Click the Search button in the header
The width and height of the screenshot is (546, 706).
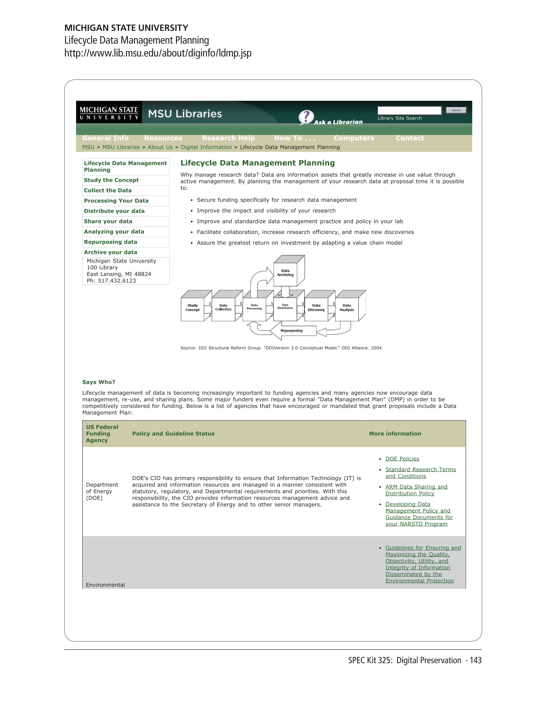(x=456, y=110)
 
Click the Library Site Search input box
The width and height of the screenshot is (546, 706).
(x=409, y=111)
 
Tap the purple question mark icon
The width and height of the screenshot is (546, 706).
(x=306, y=117)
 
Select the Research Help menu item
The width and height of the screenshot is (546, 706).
(x=228, y=138)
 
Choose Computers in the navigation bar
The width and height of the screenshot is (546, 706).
(x=354, y=138)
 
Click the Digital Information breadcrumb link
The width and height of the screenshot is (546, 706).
(x=206, y=147)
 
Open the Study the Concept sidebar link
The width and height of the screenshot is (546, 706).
(x=111, y=180)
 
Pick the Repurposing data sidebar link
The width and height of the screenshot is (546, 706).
(x=110, y=242)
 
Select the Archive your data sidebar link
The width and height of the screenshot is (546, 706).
(x=110, y=252)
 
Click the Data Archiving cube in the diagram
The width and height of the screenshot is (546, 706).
(x=285, y=273)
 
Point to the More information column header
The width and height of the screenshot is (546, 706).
(x=395, y=434)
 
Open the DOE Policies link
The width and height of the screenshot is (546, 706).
(x=402, y=459)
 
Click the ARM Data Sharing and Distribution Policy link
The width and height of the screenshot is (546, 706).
(x=416, y=490)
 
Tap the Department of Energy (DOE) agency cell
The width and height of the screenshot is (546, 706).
(x=102, y=491)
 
